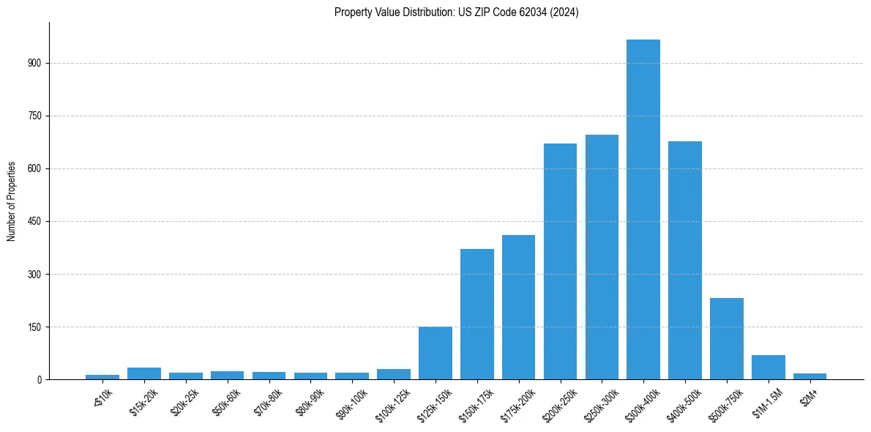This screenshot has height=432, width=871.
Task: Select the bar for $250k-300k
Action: pos(602,257)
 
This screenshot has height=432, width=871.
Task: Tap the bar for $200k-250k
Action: pos(560,261)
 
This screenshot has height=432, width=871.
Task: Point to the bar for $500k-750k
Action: pos(727,338)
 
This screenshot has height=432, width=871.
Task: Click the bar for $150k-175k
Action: pos(476,314)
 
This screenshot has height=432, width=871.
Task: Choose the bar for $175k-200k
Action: pos(518,307)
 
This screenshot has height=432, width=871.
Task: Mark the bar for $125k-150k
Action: pos(435,353)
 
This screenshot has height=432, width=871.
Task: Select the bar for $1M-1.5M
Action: pos(769,367)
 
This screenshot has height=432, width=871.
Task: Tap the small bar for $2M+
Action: pos(810,376)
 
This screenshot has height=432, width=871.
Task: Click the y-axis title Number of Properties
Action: pos(11,201)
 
